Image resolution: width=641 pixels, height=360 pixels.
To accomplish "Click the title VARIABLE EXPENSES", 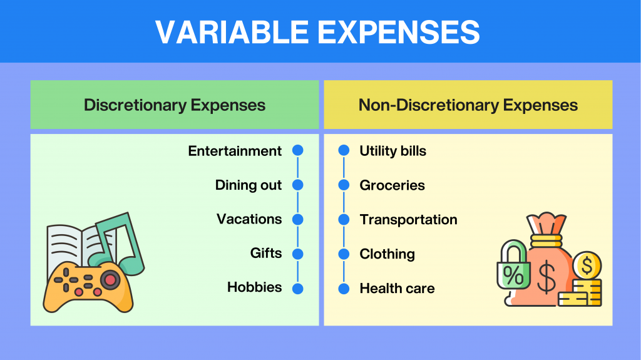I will coord(317,32).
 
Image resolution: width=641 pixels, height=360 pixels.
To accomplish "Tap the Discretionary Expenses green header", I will coord(175,105).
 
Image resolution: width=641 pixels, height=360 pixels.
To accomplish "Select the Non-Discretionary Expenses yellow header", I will coord(468,105).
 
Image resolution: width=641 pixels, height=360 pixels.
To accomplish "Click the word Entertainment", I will coord(235,151).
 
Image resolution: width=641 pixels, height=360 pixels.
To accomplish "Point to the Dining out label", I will coord(249,185).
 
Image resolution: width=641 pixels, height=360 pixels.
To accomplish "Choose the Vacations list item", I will coord(249,219).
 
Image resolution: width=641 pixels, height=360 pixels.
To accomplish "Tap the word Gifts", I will coord(266,254).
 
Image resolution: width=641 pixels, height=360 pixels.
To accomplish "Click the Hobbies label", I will coord(254,287).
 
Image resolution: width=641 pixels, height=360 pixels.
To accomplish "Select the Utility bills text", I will coord(392,151).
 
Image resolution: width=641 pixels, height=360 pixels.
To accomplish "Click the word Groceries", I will coord(392,185).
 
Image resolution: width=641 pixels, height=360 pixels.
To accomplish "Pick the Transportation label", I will coord(408,220).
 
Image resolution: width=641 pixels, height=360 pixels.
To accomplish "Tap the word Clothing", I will coord(387,254).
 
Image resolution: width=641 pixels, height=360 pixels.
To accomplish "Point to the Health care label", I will coord(397,289).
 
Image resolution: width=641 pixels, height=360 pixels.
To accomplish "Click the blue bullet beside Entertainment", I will coord(297,151).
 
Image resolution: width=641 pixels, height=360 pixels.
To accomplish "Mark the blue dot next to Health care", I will coord(344,289).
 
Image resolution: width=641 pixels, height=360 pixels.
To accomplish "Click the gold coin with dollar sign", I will coord(587,267).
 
